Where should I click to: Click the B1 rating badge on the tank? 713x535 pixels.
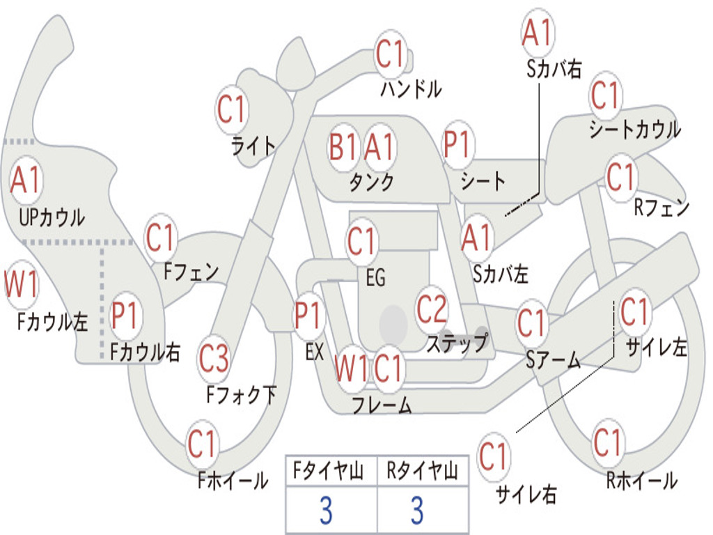point(344,147)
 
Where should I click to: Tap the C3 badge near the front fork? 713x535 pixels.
point(214,359)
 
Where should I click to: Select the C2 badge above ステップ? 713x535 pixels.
point(432,309)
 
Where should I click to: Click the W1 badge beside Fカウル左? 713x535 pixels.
point(21,284)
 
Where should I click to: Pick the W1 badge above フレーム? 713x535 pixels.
point(351,368)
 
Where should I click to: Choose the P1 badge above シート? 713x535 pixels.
point(458,144)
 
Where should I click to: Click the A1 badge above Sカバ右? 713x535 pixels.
point(538,33)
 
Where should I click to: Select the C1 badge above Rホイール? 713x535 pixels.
point(608,442)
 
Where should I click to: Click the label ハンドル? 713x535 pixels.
point(411,89)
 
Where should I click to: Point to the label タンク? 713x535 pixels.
point(372,182)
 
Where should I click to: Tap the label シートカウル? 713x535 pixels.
point(635,129)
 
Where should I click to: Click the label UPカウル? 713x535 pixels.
point(52,217)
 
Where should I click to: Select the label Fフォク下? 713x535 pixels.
point(242,395)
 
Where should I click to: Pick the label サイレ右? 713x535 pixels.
point(526,494)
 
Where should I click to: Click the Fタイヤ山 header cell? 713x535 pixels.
point(331,471)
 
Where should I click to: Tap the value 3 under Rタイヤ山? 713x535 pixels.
point(417,510)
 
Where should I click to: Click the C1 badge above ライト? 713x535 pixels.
point(232,109)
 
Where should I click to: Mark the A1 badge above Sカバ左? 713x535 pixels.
point(477,238)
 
